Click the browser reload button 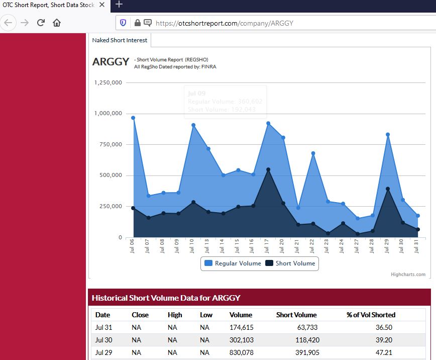click(41, 23)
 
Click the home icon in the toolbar click(57, 23)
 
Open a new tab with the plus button click(119, 5)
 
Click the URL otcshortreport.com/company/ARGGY click(225, 23)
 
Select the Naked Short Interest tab click(120, 40)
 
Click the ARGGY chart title click(111, 62)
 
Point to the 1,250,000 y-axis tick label click(108, 82)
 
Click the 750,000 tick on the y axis click(108, 144)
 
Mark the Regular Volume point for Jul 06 click(133, 118)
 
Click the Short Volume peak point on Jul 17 click(268, 169)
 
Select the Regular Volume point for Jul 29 click(388, 135)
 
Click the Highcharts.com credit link click(408, 275)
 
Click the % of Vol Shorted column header click(371, 315)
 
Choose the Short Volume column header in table click(296, 315)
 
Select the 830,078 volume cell click(241, 352)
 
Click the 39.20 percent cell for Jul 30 click(384, 340)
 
